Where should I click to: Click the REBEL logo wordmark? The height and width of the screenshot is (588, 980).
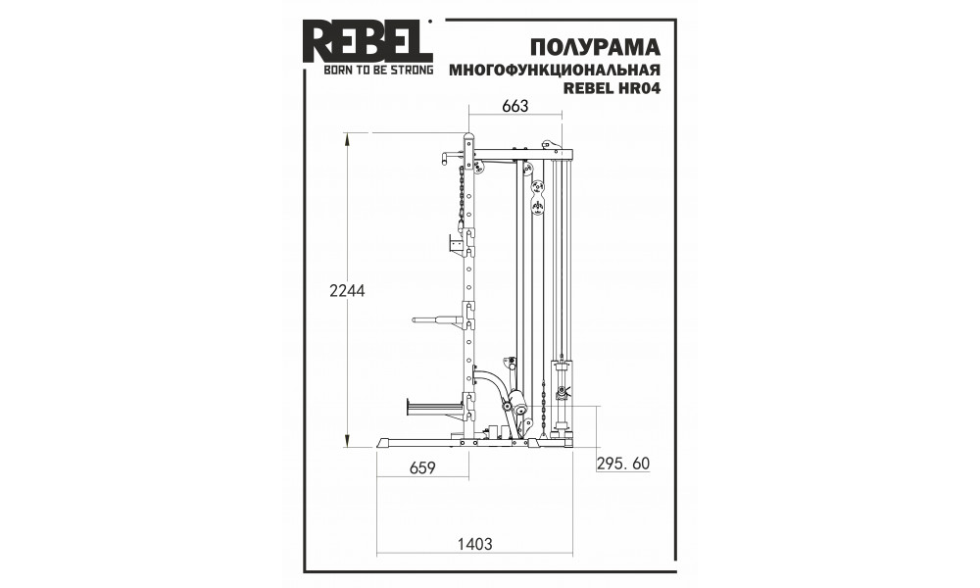(367, 41)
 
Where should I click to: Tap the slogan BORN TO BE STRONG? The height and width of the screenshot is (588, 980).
(378, 70)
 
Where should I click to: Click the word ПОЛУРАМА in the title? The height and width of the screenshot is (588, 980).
(595, 47)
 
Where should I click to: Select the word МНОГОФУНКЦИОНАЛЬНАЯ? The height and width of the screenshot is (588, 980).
(555, 70)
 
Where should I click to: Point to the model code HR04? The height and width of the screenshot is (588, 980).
(639, 88)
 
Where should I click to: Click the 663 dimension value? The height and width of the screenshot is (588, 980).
(515, 106)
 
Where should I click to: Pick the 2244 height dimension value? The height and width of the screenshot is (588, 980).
(347, 290)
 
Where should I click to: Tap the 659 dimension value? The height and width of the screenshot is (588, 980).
(421, 467)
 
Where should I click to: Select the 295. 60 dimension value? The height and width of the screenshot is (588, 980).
(623, 464)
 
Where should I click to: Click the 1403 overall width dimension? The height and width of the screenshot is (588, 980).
(475, 544)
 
